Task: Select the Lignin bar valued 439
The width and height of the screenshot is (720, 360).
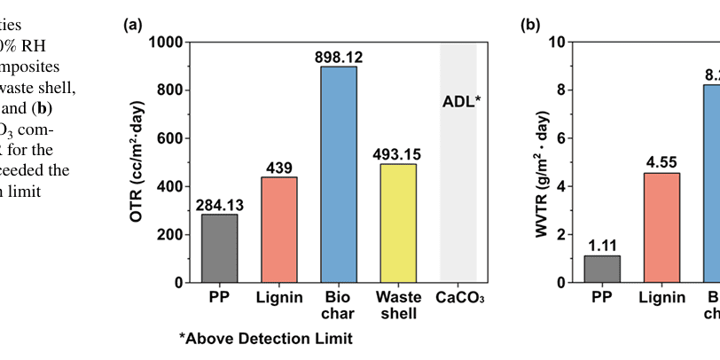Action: click(x=279, y=230)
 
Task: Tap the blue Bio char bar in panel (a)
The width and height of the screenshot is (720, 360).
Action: click(x=339, y=175)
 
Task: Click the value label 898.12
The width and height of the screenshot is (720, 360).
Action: click(x=339, y=58)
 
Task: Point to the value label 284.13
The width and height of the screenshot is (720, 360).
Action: click(x=219, y=205)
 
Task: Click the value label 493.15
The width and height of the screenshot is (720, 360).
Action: click(x=398, y=154)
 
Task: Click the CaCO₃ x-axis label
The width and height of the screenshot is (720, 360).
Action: click(x=459, y=295)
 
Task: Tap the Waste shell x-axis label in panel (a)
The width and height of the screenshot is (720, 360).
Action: click(x=398, y=303)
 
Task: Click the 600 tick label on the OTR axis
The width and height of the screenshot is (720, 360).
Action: click(x=169, y=138)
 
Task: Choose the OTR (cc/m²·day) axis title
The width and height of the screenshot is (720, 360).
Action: click(x=141, y=161)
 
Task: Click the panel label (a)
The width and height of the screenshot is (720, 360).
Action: click(x=132, y=25)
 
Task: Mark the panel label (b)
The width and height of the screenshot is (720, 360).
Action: click(x=530, y=25)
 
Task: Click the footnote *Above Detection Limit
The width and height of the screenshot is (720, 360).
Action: click(x=265, y=338)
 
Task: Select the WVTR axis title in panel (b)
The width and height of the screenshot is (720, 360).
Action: click(x=541, y=161)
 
